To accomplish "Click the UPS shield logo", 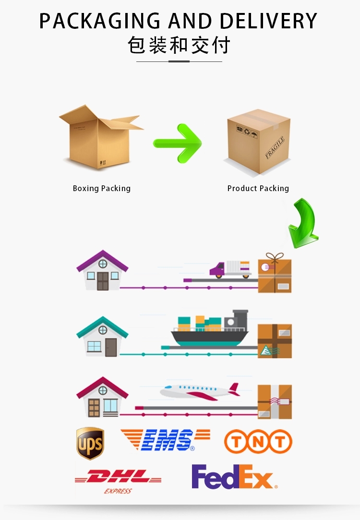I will point(90,443).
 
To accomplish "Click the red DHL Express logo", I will point(118,480).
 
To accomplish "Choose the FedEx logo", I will point(234,477).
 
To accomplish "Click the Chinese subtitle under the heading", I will point(179,46).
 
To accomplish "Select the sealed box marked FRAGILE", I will point(258,141).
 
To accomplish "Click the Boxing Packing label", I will point(101,188).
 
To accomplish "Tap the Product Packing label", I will point(258,188).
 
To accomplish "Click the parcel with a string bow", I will point(275,274).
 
